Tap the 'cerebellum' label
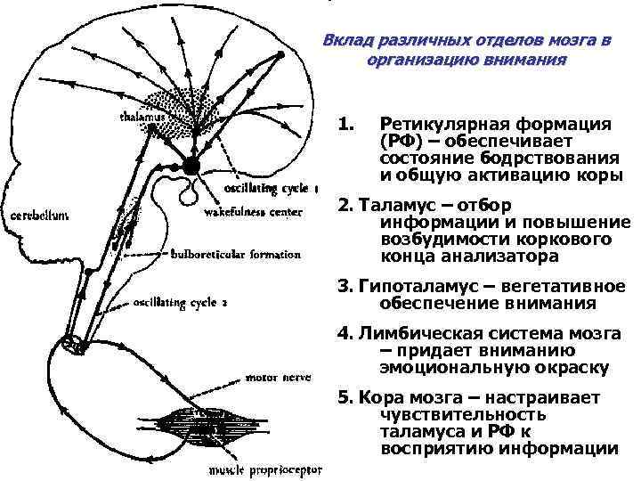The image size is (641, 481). coord(42,215)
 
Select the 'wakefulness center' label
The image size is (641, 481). coord(253,212)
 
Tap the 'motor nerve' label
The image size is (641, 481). coord(278,377)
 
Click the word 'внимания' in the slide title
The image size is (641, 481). coord(531,61)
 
